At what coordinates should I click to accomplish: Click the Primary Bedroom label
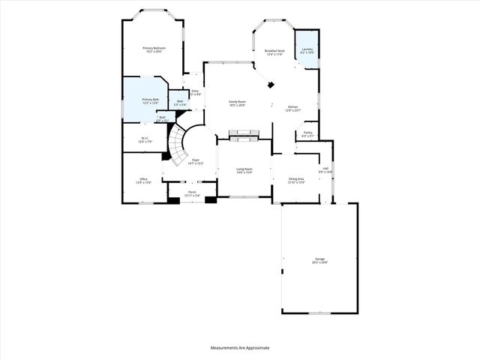(x=154, y=49)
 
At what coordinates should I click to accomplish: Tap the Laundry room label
(x=307, y=52)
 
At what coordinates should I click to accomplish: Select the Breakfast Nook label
(x=274, y=52)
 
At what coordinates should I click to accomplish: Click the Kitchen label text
(x=292, y=108)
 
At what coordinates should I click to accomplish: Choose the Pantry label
(x=307, y=133)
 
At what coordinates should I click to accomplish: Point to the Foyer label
(x=195, y=161)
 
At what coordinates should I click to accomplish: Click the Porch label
(x=192, y=193)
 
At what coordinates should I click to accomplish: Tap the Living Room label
(x=244, y=170)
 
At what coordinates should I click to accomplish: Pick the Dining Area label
(x=296, y=180)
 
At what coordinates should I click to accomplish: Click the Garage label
(x=319, y=260)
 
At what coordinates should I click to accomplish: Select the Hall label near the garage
(x=325, y=169)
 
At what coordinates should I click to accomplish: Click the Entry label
(x=195, y=92)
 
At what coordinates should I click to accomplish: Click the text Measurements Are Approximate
(x=239, y=348)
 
